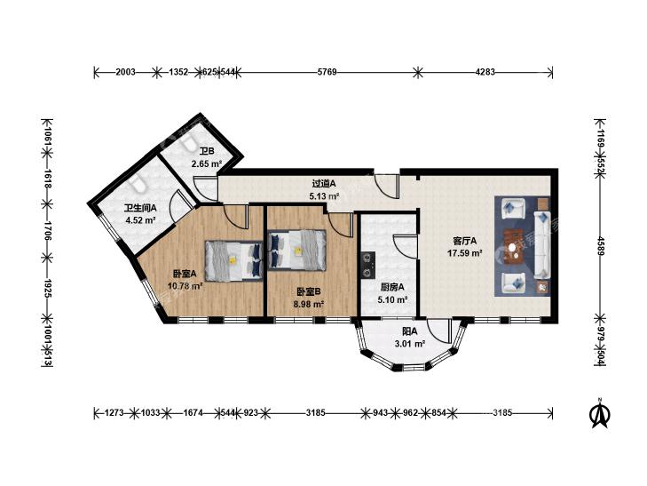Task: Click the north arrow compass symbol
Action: (x=601, y=413)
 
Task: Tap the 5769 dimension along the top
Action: (x=327, y=72)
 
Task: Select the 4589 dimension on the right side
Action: (x=601, y=246)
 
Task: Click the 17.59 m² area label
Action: (x=465, y=252)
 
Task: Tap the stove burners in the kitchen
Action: (x=367, y=265)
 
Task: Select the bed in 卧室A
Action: (x=234, y=261)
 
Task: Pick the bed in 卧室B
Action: (x=296, y=250)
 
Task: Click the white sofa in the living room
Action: (x=542, y=244)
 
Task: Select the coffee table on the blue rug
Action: (x=513, y=247)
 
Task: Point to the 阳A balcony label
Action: (x=410, y=331)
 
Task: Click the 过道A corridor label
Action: (x=324, y=183)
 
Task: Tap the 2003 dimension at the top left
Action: (x=125, y=72)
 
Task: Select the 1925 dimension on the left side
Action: (x=47, y=288)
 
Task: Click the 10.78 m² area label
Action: (x=185, y=285)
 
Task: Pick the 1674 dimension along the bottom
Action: (x=193, y=412)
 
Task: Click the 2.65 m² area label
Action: (x=206, y=163)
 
